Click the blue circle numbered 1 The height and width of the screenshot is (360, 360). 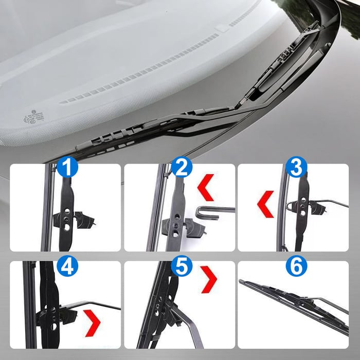pos(67,167)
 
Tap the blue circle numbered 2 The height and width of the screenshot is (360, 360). pos(182,167)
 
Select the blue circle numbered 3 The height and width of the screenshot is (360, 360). pos(296,167)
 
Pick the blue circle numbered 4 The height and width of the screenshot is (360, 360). pos(67,266)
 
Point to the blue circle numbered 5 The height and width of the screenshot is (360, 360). pos(182,266)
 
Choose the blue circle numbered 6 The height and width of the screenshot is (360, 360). pos(296,266)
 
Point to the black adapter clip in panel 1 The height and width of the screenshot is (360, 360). pos(74,220)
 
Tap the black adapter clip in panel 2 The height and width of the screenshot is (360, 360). pos(183,227)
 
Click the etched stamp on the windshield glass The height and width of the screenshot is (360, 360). pos(34,118)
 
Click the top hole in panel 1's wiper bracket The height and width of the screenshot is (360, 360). pos(67,210)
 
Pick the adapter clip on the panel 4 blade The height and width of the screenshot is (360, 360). pos(56,315)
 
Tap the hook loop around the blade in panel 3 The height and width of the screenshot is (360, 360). pos(290,206)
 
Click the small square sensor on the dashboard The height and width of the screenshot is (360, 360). pos(222,29)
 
